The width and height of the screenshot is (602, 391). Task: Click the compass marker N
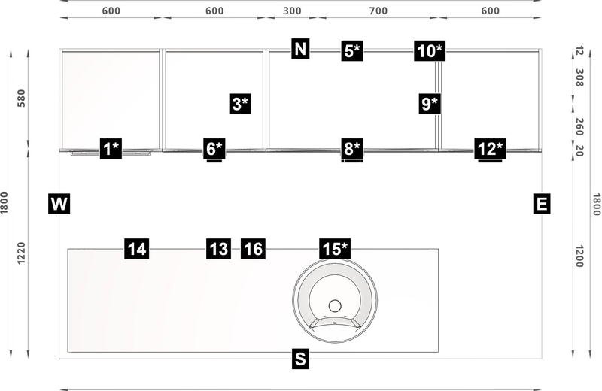pos(300,50)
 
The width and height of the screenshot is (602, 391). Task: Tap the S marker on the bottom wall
pos(300,359)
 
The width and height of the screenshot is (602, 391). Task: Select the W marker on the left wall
pos(59,204)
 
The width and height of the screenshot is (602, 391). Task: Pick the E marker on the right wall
pos(541,204)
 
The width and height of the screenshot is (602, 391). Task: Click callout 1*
pos(111,149)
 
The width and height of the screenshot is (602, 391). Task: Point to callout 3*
pos(240,104)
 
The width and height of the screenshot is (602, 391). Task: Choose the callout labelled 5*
pos(351,50)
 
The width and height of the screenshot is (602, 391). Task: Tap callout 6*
pos(214,149)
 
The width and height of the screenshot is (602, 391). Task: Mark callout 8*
pos(351,149)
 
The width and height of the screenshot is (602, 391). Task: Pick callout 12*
pos(491,149)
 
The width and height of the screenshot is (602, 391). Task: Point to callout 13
pos(218,249)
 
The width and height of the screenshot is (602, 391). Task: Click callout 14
pos(137,249)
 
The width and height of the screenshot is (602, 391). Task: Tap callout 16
pos(254,249)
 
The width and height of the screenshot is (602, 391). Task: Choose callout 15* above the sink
pos(335,249)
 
